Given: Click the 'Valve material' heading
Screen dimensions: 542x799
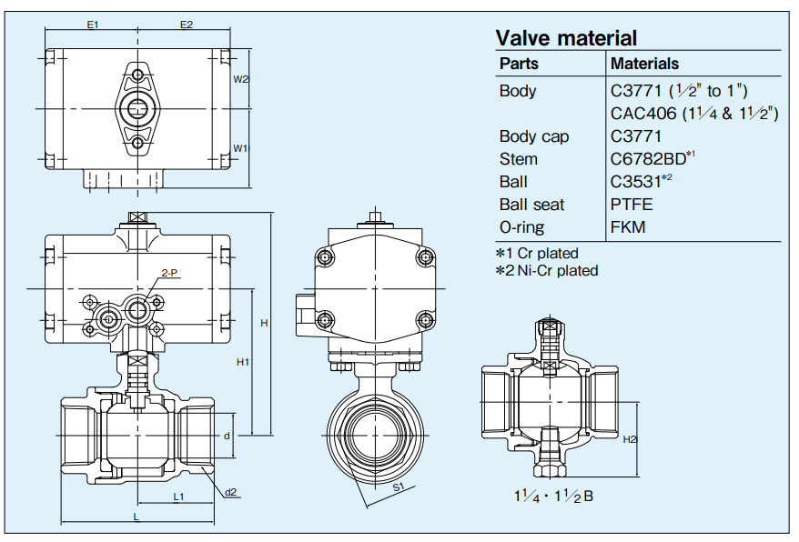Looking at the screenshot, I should (x=566, y=37).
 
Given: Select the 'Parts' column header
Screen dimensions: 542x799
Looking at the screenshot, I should (x=519, y=64).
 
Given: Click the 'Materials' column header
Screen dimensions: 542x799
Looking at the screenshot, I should (x=644, y=64).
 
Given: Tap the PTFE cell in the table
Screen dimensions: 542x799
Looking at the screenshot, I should (x=632, y=205).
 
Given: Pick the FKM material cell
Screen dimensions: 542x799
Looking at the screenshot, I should (x=628, y=227).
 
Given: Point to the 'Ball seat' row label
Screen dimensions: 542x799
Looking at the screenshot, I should (x=532, y=205).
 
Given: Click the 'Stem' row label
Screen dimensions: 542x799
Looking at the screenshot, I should (x=519, y=159).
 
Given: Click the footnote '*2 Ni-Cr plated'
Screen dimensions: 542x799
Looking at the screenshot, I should (x=547, y=270).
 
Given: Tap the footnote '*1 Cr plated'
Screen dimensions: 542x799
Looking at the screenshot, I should (x=537, y=254).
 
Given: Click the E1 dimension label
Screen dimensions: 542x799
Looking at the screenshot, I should (x=93, y=25).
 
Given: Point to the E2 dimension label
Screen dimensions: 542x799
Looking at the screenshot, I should (x=187, y=25).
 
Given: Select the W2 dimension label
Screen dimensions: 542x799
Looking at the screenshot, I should (x=240, y=79).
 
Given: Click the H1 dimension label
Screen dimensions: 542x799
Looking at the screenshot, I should (x=243, y=362).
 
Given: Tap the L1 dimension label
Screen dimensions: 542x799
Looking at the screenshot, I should (x=178, y=497).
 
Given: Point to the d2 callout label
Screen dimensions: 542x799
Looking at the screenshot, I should (x=231, y=492).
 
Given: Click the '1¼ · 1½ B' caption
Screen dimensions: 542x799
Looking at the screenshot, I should (x=553, y=496).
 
